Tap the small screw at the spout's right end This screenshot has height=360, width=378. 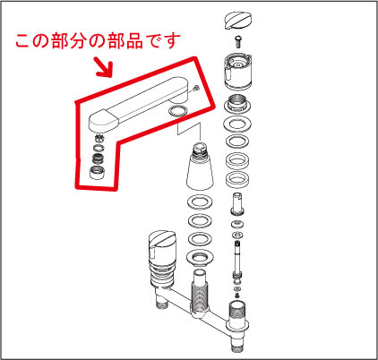(x=195, y=88)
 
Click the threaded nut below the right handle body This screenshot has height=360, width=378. (x=237, y=104)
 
